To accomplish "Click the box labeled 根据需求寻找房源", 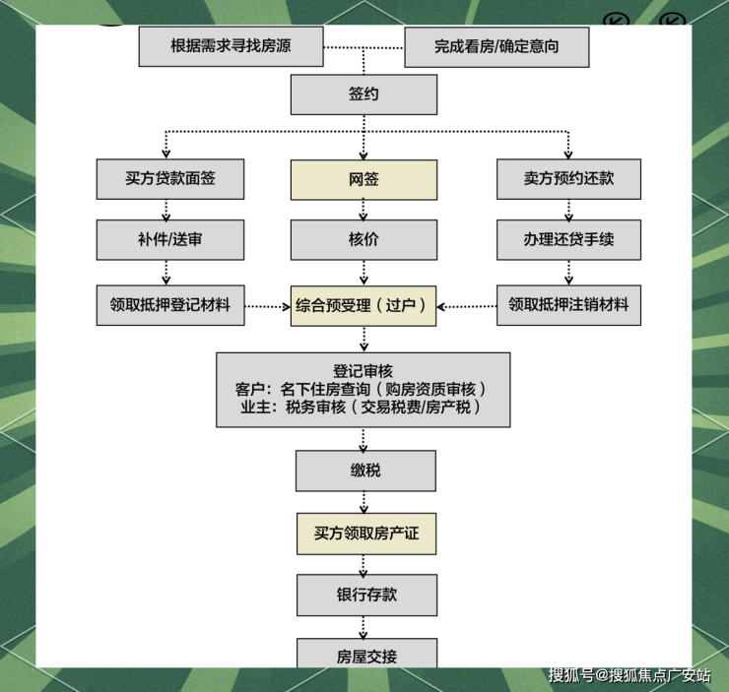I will coord(232,46).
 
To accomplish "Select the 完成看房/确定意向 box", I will coord(496,46).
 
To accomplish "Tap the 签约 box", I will coord(364,94).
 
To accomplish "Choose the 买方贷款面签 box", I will coord(169,179).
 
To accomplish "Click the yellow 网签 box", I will coord(364,179).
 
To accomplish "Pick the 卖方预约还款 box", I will coord(568,179).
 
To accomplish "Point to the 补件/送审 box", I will coord(169,239).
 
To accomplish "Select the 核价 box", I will coord(364,239).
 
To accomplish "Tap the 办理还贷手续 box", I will coord(568,239).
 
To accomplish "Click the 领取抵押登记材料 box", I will coord(169,305).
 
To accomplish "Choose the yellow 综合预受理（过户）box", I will coord(364,305).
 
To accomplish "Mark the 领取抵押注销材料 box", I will coord(568,305).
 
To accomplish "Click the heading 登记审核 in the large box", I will coord(364,370).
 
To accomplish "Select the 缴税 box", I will coord(364,471).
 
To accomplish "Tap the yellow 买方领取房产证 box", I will coord(364,533).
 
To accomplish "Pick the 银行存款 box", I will coord(364,596).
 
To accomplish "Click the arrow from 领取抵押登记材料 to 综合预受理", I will coord(267,306).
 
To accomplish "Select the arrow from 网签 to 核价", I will coord(364,210).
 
